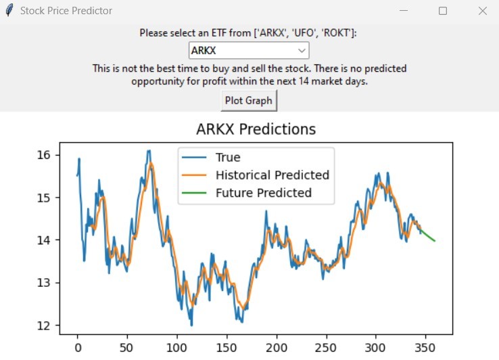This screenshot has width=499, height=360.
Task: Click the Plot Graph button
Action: point(249,101)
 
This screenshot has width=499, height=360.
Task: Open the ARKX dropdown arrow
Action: point(302,51)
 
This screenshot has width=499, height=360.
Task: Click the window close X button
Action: point(482,11)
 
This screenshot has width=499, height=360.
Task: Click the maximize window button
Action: point(443,11)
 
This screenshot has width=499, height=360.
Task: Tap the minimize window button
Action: point(404,11)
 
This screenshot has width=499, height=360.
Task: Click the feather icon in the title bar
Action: point(9,11)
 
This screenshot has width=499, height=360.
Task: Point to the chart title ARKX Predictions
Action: point(256,129)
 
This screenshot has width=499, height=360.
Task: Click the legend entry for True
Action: point(228,158)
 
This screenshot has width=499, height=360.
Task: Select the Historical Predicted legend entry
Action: point(272,175)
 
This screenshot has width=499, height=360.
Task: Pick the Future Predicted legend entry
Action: point(263,193)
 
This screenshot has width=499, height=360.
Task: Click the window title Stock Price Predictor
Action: point(66,11)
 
